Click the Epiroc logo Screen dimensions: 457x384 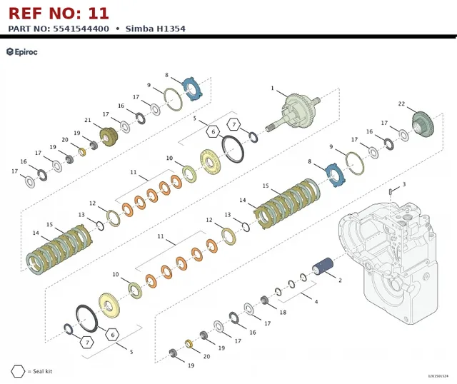pos(22,52)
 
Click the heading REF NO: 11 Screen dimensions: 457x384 pos(59,14)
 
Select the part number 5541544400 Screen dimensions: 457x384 pos(81,29)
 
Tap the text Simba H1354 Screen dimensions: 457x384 pos(156,29)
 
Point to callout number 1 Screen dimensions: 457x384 pos(273,88)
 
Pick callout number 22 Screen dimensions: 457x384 pos(401,103)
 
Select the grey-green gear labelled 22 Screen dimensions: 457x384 pos(423,123)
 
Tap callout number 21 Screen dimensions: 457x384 pos(88,120)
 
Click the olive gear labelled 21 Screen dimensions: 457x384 pos(109,136)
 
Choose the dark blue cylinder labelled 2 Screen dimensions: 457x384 pos(323,266)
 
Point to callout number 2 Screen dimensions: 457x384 pos(340,281)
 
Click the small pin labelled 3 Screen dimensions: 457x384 pos(391,191)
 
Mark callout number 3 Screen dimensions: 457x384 pos(404,184)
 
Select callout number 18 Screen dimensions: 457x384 pos(283,313)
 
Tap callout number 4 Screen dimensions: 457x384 pos(316,301)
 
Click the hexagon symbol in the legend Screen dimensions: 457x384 pos(18,371)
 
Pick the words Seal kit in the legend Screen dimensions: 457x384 pos(43,371)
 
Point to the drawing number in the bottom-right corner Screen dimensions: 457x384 pos(438,376)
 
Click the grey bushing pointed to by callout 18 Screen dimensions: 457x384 pos(264,300)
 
